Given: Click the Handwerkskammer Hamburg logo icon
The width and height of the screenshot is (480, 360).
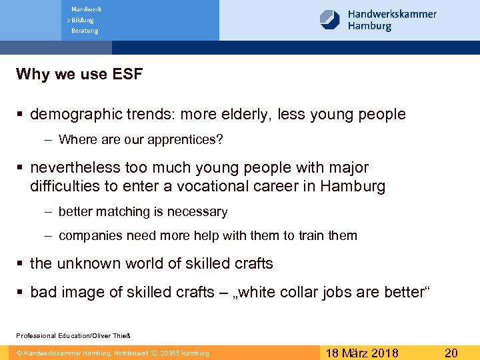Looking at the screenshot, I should point(330,19).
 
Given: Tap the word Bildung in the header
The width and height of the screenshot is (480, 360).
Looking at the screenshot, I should point(85,20).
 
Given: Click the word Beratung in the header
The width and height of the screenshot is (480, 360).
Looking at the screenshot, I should point(85,31).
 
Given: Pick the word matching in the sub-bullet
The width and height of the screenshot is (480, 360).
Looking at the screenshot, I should point(122,212).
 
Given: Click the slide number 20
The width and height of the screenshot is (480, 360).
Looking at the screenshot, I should point(451,353).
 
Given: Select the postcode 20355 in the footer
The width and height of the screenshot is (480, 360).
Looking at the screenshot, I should point(171,353).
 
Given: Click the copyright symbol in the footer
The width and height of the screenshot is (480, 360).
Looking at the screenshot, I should point(19,353).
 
